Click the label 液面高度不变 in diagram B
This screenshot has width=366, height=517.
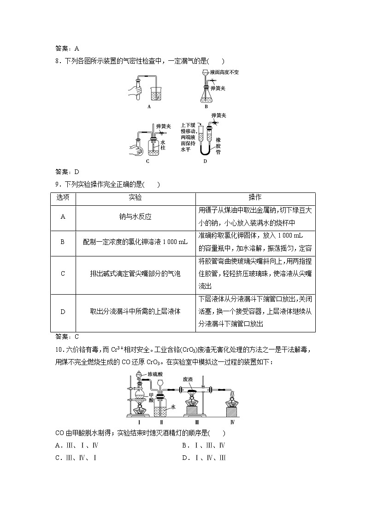(x=224, y=72)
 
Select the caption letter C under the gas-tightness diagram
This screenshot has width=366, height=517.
(x=148, y=162)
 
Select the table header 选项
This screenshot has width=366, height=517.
(x=63, y=198)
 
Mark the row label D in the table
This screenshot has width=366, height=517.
(x=63, y=312)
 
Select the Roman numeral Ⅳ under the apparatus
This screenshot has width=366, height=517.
(x=232, y=421)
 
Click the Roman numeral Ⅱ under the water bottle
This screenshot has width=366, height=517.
(x=161, y=421)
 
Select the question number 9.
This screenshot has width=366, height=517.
(x=58, y=185)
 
